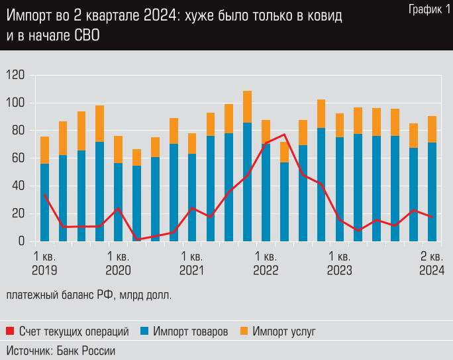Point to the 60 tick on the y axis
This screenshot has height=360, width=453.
point(17,158)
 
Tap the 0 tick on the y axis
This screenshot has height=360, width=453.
point(22,241)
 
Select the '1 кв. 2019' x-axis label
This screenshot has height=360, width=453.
point(44,263)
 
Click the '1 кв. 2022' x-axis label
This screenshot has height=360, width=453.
point(266,263)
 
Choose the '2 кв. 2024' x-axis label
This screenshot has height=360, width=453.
point(432,263)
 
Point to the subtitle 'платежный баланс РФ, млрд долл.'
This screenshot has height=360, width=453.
point(89,296)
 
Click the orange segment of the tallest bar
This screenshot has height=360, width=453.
point(247,107)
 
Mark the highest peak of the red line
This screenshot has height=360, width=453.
point(284,135)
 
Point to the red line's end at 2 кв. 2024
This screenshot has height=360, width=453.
point(432,217)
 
